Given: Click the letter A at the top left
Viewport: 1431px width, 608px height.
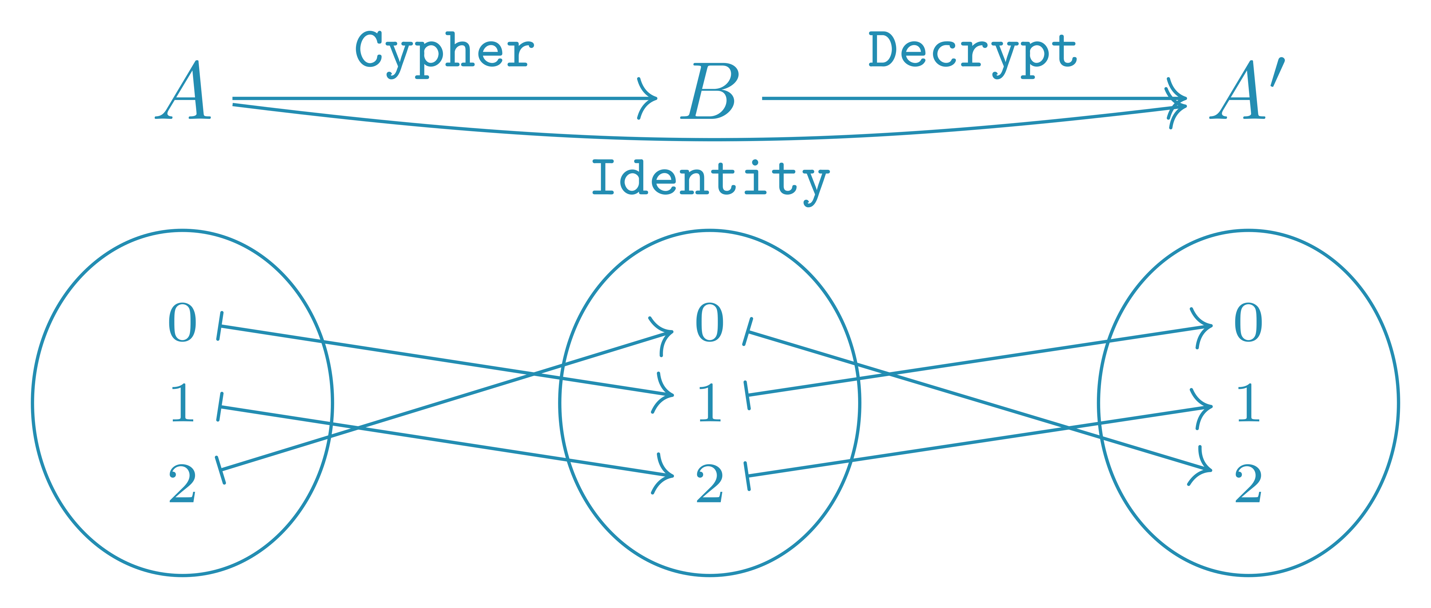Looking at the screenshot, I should [184, 92].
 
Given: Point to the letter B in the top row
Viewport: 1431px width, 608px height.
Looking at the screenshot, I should [710, 92].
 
